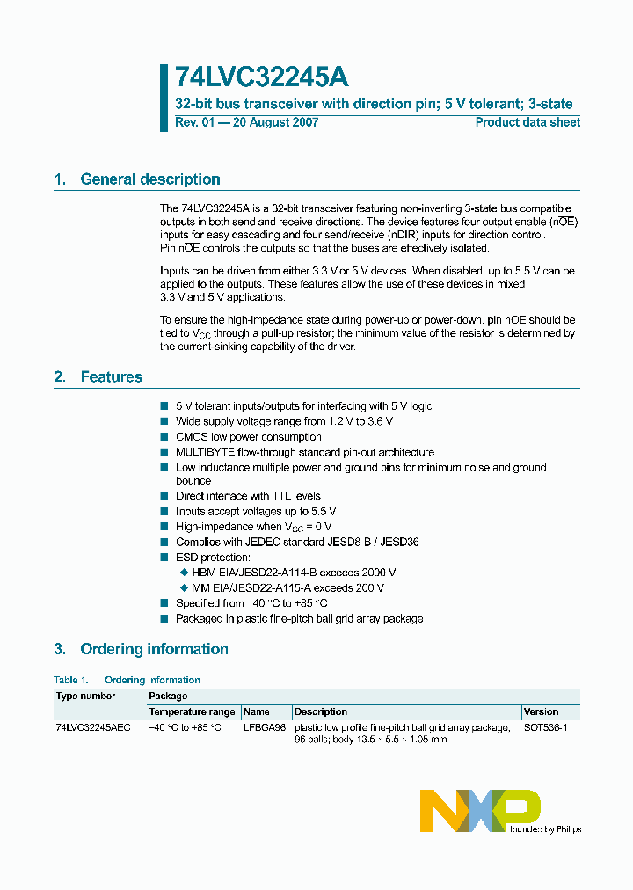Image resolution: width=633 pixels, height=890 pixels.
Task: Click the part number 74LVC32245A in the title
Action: (255, 77)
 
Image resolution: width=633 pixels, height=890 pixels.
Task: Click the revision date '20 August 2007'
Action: (275, 122)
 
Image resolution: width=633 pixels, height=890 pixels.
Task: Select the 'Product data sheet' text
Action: (527, 122)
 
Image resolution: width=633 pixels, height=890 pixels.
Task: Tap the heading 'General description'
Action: (150, 179)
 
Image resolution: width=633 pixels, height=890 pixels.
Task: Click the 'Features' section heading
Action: (111, 376)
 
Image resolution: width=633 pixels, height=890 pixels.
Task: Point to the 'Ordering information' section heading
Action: (154, 649)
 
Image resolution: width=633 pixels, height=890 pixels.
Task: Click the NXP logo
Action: (480, 811)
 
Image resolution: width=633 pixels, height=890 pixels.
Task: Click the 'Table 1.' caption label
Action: (71, 680)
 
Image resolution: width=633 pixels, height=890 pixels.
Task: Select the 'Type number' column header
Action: (85, 696)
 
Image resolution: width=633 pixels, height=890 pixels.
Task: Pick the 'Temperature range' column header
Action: (192, 711)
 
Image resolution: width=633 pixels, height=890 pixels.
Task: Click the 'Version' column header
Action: (541, 711)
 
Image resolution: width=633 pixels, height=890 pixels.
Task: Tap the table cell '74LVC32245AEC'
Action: (93, 728)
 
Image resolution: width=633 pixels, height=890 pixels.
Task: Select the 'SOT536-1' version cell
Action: (545, 728)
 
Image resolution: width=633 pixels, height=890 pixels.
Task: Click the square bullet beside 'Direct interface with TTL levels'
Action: (164, 496)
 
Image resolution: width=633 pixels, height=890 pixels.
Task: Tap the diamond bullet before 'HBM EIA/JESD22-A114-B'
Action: (184, 573)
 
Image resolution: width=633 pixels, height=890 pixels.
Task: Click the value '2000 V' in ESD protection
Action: (378, 573)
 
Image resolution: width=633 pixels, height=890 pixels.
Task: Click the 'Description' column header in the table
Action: (321, 711)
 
